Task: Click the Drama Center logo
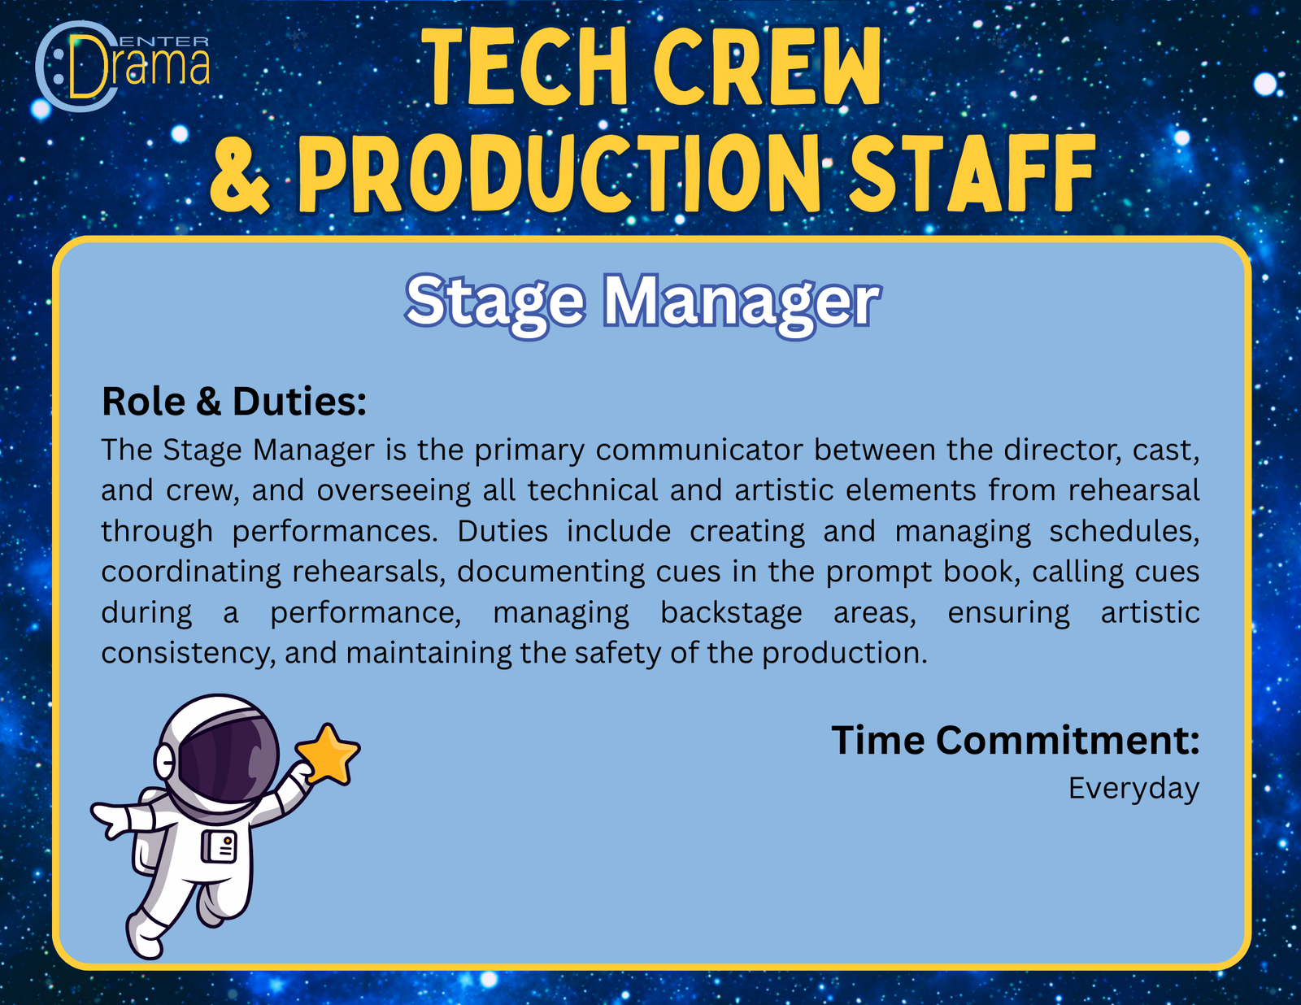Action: coord(123,66)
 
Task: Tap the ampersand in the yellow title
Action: coord(240,174)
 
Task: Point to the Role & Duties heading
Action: coord(234,401)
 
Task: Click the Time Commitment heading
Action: coord(1016,741)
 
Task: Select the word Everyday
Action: coord(1134,789)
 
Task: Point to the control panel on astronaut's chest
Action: coord(219,846)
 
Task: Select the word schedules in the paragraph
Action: coord(1125,531)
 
